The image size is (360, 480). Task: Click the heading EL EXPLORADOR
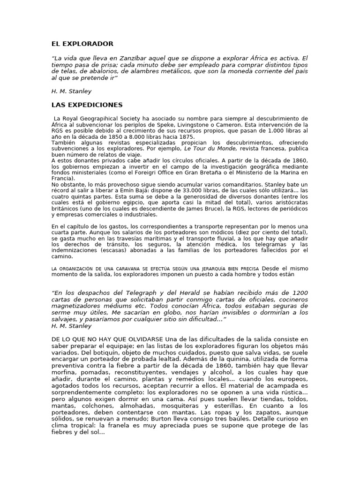tap(82, 44)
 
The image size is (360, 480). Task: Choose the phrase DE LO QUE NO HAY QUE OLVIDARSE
tap(107, 339)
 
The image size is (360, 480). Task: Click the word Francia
tap(62, 179)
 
